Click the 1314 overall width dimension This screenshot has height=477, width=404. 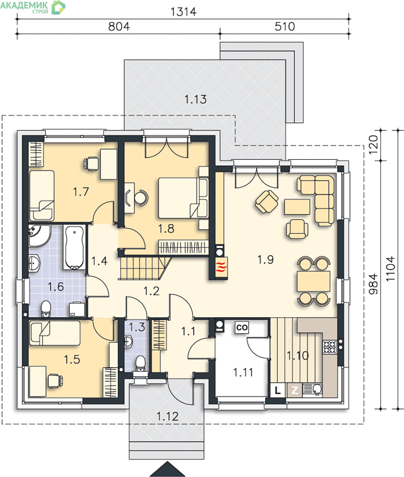point(184,11)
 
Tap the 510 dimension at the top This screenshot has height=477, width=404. point(285,26)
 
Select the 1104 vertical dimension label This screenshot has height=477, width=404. point(390,269)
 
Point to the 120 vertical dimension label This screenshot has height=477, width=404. point(374,144)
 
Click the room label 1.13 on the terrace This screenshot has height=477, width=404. point(195,99)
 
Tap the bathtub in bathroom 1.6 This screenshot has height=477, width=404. point(74,247)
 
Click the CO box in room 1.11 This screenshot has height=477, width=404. point(242,327)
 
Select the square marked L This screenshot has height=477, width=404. point(278,390)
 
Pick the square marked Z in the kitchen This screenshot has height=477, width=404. point(294,390)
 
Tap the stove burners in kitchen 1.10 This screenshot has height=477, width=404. point(330,347)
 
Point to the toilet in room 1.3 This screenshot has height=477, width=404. point(140,363)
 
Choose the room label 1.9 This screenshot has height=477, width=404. point(265,259)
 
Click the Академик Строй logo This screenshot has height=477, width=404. point(33,7)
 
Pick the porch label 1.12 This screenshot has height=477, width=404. point(167,416)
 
